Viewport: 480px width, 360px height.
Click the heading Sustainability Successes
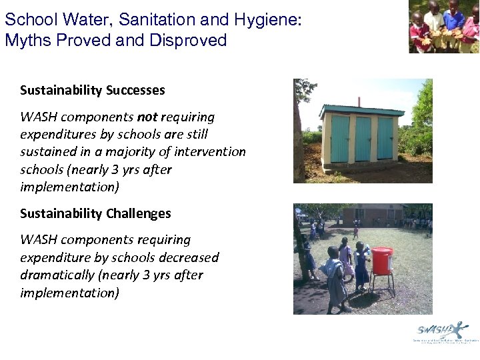(x=92, y=90)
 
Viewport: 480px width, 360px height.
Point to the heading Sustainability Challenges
(x=95, y=213)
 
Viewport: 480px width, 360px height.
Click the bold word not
(x=147, y=117)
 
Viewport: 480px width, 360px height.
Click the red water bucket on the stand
(x=382, y=261)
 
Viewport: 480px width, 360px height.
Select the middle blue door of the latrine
(x=363, y=139)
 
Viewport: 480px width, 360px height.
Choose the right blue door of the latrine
(x=385, y=138)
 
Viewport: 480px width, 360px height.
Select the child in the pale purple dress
(x=345, y=257)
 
